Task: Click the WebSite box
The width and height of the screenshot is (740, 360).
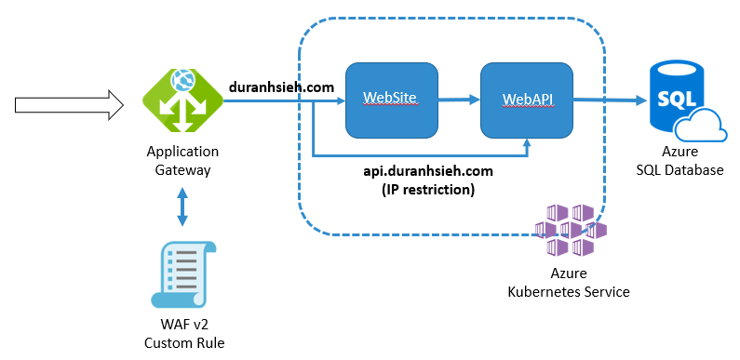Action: [x=391, y=98]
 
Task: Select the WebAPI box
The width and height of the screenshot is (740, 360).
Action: [x=527, y=98]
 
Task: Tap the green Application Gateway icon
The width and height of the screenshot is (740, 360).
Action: [x=182, y=99]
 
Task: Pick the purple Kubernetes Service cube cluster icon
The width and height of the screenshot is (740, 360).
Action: [x=569, y=230]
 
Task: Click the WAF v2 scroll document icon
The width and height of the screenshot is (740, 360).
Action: [x=182, y=274]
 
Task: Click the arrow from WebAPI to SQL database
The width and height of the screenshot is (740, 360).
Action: [x=611, y=99]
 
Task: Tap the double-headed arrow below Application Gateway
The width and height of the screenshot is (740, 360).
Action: [x=182, y=207]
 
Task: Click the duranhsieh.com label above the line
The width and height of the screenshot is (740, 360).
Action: [x=281, y=87]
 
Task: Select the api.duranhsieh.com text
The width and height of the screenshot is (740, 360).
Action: [x=427, y=172]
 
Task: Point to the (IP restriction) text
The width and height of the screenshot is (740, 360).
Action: [x=427, y=189]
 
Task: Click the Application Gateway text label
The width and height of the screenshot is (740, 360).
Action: [x=182, y=160]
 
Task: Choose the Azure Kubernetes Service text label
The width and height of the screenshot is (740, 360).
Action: [x=568, y=283]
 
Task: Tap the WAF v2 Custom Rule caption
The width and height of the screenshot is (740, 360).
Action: [x=183, y=333]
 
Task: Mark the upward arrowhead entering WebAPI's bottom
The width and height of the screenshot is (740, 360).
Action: [x=528, y=142]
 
